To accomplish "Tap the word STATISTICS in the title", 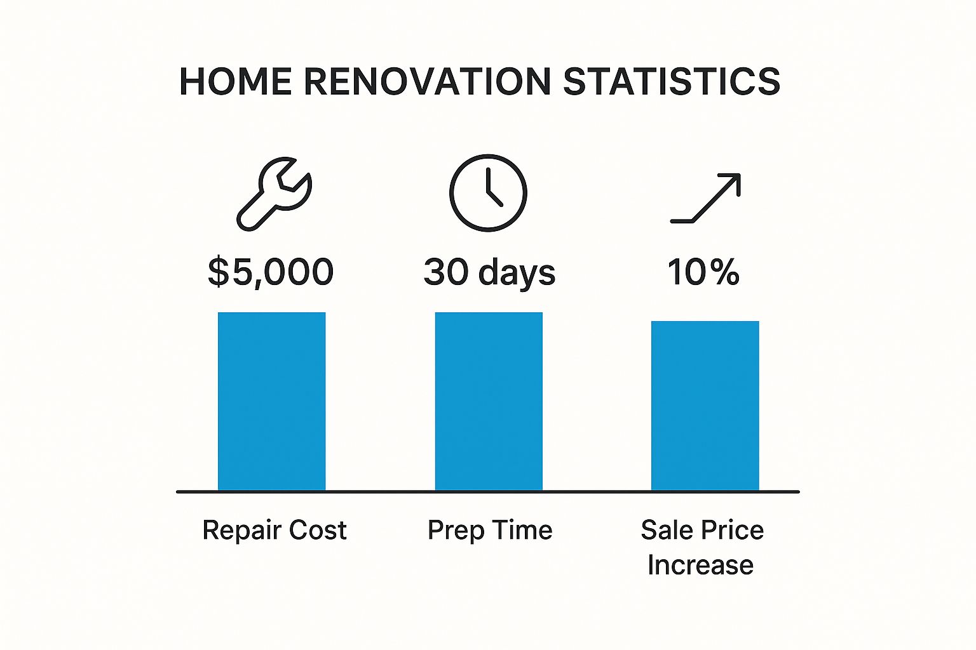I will [x=672, y=82].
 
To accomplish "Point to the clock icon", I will [x=488, y=192].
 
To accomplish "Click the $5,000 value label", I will [x=271, y=272].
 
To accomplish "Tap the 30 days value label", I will [x=489, y=273].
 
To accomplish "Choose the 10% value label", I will [x=703, y=272].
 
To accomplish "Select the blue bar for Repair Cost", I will [x=271, y=401].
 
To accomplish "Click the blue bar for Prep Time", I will [x=489, y=401].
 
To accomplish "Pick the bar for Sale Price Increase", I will [x=705, y=406].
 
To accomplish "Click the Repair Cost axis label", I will [x=274, y=530].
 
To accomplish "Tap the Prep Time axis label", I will [x=490, y=530].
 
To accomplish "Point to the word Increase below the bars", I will [x=700, y=565].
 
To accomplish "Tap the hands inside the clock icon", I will [x=491, y=189].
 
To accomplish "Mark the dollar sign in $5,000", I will [x=218, y=272].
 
